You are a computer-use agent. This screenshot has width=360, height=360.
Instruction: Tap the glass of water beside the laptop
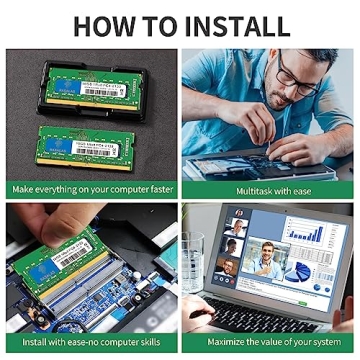pos(193,257)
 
